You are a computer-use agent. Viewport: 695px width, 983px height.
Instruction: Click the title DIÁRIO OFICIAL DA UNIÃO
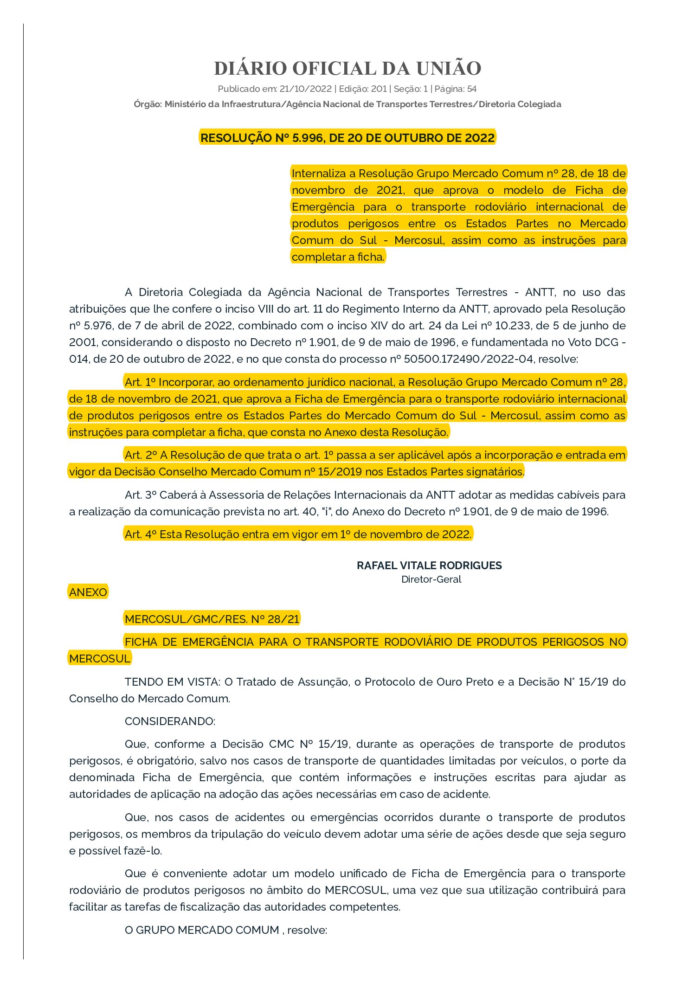[x=347, y=68]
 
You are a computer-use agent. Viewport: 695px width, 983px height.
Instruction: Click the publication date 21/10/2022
[x=305, y=89]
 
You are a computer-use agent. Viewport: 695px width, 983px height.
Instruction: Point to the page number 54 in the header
[x=471, y=89]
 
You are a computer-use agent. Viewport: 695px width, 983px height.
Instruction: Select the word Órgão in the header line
[x=148, y=104]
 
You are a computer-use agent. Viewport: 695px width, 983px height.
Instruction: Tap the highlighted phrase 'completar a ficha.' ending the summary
[x=338, y=257]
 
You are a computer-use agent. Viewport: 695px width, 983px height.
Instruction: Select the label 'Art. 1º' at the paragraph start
[x=140, y=382]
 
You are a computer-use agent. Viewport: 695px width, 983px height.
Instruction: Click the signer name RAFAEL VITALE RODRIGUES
[x=429, y=565]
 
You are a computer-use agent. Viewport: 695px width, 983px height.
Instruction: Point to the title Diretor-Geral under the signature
[x=431, y=579]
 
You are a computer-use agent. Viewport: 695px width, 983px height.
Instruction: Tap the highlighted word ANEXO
[x=88, y=592]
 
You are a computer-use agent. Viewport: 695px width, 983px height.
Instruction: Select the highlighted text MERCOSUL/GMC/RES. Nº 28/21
[x=212, y=619]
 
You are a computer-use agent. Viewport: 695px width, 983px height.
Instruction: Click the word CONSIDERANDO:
[x=170, y=721]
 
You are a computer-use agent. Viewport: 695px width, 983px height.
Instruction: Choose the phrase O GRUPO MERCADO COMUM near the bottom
[x=202, y=930]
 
